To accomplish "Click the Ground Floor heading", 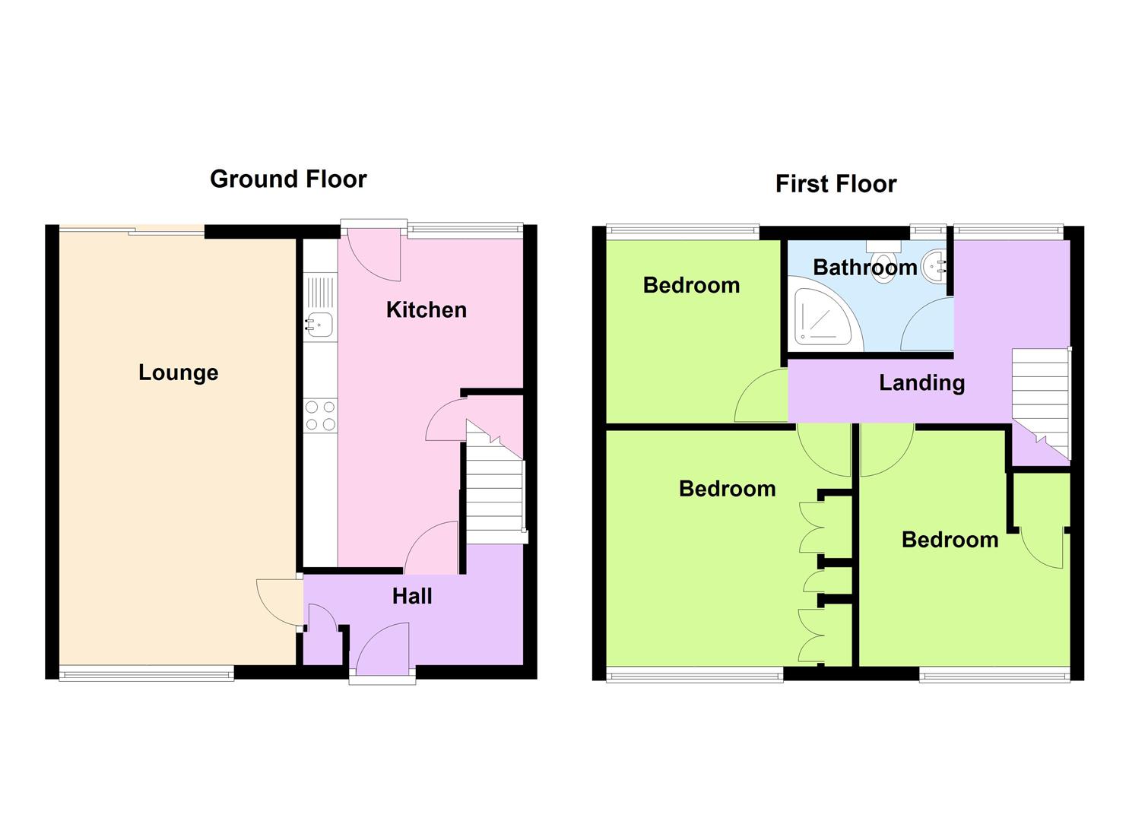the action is (288, 179).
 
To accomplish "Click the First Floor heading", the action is (836, 184).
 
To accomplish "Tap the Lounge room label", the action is (179, 373).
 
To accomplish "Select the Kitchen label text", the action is (427, 310).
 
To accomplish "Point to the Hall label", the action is (412, 596).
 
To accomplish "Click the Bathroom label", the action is (865, 268).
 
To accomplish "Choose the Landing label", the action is (922, 384).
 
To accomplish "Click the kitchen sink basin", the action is (319, 324).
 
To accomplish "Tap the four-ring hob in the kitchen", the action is (321, 415).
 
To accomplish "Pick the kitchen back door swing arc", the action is (374, 255).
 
